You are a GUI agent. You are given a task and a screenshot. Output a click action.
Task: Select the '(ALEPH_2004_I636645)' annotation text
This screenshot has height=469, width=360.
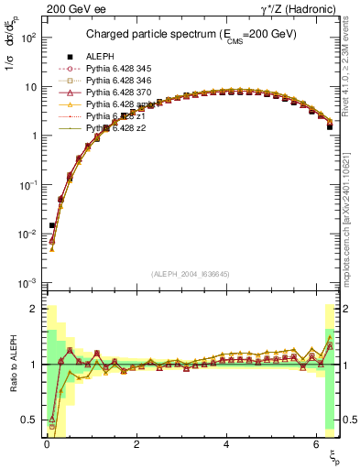[x=190, y=274]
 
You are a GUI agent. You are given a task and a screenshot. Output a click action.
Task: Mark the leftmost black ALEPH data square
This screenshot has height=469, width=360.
[x=52, y=224]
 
